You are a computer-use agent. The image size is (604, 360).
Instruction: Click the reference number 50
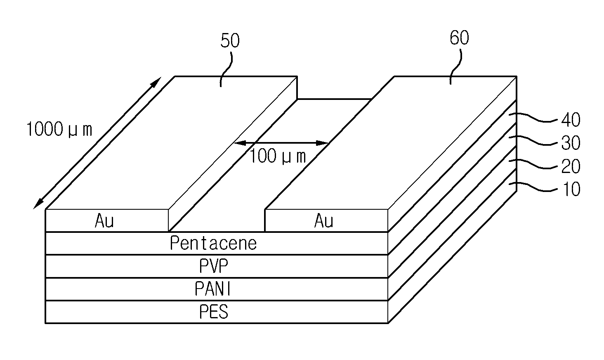[x=230, y=40]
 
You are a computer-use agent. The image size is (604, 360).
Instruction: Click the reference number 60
[x=460, y=38]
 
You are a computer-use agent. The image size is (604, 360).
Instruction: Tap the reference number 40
[x=571, y=120]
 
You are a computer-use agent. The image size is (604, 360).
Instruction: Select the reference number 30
[x=571, y=143]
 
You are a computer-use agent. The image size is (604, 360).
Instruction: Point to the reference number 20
[x=571, y=166]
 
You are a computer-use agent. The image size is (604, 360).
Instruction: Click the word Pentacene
[x=213, y=243]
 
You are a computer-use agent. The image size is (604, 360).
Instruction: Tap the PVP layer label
[x=214, y=266]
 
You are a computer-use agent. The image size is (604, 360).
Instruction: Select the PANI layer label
[x=213, y=289]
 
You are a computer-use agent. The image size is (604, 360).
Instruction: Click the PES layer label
[x=214, y=312]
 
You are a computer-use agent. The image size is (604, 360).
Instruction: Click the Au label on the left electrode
[x=104, y=220]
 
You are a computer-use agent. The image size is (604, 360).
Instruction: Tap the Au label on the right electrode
[x=324, y=220]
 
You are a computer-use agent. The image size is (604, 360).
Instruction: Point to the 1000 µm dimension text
[x=59, y=129]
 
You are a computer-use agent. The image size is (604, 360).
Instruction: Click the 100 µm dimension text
[x=278, y=156]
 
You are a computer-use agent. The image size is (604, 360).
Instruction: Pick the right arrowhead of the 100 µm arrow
[x=322, y=143]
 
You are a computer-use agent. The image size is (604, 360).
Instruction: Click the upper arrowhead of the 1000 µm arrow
[x=156, y=82]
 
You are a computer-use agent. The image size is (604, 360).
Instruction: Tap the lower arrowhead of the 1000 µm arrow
[x=38, y=204]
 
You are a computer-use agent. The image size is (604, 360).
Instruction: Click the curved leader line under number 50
[x=226, y=69]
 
